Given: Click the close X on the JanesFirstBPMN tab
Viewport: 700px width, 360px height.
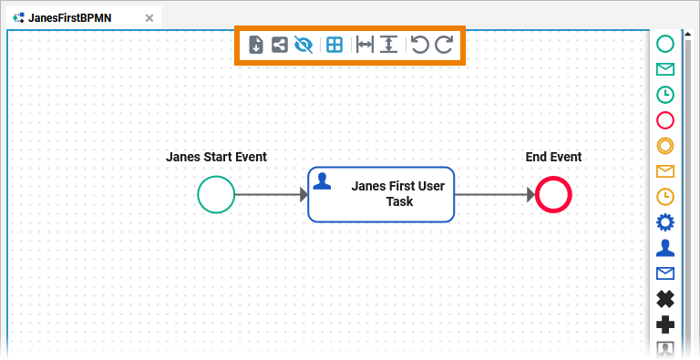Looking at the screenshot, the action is point(149,18).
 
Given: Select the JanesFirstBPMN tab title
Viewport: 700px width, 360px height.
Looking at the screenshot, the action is point(69,18).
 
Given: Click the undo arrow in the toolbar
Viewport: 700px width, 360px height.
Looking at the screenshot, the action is point(419,45).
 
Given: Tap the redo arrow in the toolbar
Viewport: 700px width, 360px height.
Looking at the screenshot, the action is point(444,45).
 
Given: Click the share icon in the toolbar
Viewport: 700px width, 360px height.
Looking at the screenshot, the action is point(280,45).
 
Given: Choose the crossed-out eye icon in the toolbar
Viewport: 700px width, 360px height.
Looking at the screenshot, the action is point(304,45).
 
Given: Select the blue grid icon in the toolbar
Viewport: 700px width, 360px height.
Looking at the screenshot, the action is point(335,45).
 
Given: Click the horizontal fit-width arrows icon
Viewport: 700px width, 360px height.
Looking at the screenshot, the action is point(365,45).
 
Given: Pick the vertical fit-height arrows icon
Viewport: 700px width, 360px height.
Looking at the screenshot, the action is point(389,45).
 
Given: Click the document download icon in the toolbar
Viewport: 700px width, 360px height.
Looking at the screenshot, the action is point(256,45).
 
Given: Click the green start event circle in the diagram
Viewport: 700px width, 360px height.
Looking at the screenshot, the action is point(216,194).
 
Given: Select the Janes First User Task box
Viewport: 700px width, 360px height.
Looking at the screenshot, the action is point(381,194).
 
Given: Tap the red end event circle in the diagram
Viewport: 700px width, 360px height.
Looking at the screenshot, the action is point(553,194).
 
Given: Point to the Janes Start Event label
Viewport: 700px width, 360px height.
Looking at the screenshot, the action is point(217,157).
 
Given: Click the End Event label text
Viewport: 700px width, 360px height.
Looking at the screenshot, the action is point(553,157).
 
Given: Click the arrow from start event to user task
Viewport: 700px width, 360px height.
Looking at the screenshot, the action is point(272,194).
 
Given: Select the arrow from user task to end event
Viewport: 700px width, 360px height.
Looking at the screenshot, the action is point(495,194).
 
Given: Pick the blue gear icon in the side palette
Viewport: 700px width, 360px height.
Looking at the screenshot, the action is point(665,222).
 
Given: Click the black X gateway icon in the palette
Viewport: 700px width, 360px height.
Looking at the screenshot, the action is point(665,299).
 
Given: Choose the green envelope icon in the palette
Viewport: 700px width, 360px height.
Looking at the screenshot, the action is point(665,69).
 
